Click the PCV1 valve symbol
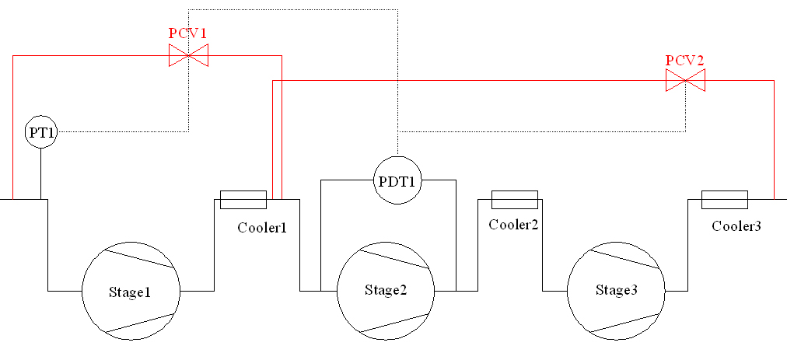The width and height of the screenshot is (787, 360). [188, 55]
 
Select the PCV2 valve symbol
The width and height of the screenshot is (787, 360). [685, 80]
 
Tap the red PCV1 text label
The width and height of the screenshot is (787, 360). [188, 33]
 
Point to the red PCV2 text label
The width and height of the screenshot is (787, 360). [685, 60]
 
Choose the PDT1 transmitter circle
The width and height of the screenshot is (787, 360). [398, 180]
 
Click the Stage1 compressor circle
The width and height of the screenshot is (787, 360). [131, 291]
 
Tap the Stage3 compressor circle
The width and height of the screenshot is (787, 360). [617, 291]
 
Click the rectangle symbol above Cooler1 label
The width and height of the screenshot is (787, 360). [243, 200]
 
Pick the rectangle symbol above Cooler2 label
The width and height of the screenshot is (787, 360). [514, 200]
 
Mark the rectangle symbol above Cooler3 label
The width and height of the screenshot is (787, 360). [724, 200]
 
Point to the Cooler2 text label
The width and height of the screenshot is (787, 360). [514, 225]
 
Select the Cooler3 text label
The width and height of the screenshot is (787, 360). [736, 226]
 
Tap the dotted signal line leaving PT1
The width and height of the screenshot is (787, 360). [124, 132]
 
